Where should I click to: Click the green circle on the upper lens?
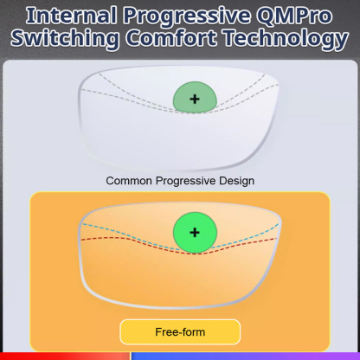pos(194,99)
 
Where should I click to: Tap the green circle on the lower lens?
pos(194,233)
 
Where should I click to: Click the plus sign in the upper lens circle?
pos(194,99)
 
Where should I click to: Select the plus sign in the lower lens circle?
pos(194,233)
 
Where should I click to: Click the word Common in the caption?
pos(128,181)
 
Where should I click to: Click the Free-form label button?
pos(179,331)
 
